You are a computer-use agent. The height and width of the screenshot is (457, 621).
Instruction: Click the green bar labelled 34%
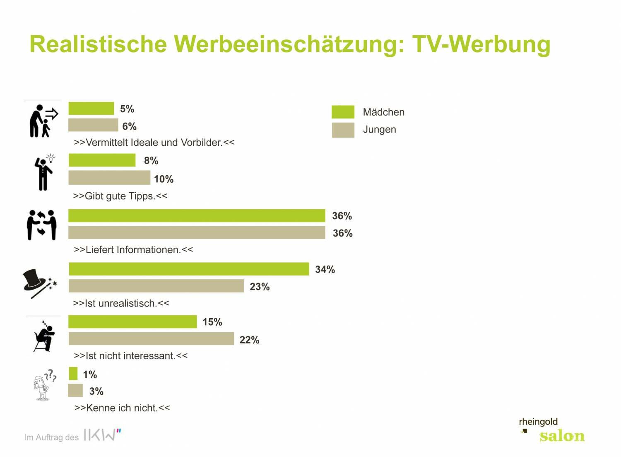click(x=189, y=269)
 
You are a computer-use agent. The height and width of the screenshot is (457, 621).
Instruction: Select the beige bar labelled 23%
click(x=156, y=286)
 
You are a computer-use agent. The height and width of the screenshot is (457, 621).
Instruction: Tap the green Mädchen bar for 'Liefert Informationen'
click(x=197, y=215)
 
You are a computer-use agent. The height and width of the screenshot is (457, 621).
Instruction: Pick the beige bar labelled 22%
click(x=151, y=339)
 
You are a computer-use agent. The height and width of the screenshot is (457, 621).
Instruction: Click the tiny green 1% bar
click(x=73, y=373)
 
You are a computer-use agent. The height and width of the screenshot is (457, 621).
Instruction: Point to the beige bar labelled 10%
click(x=109, y=178)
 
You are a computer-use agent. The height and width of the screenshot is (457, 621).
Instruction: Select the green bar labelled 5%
click(x=91, y=108)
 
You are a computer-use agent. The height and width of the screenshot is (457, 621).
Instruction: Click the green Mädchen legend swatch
click(x=343, y=112)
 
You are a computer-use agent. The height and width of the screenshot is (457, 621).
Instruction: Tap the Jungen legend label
click(x=379, y=129)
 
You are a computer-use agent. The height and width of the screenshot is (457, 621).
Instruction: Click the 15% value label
click(x=212, y=322)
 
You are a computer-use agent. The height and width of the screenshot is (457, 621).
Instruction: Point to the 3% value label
click(x=96, y=391)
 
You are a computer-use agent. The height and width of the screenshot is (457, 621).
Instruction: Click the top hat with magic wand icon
click(x=39, y=283)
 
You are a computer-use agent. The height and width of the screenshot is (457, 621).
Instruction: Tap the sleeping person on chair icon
click(x=44, y=336)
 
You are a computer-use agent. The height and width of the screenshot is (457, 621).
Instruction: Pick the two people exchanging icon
click(x=41, y=225)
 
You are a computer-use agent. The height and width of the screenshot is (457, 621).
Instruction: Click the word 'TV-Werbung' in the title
click(x=481, y=44)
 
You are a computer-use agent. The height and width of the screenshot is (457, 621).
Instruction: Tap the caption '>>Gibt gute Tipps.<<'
click(x=120, y=196)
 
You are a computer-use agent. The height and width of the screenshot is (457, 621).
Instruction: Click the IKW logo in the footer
click(x=102, y=435)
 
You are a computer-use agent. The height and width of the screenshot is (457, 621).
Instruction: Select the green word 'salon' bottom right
click(x=562, y=436)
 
